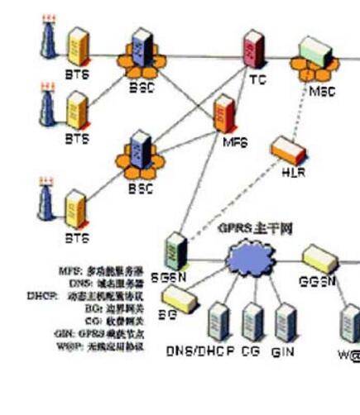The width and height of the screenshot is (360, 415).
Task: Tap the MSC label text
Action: click(x=322, y=90)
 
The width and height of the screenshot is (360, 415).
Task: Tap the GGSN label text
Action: click(x=317, y=280)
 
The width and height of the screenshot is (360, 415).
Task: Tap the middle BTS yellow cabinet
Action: click(x=76, y=107)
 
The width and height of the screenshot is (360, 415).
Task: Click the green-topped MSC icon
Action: click(x=316, y=58)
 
